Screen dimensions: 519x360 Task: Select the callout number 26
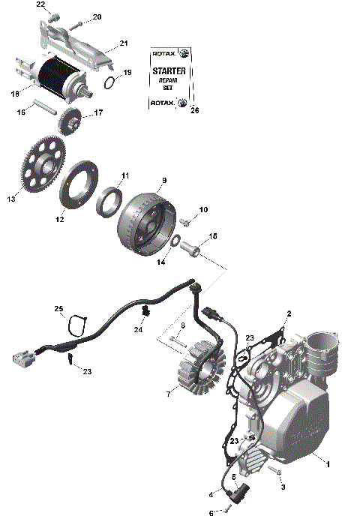195,111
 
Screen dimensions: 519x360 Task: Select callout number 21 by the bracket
124,43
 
